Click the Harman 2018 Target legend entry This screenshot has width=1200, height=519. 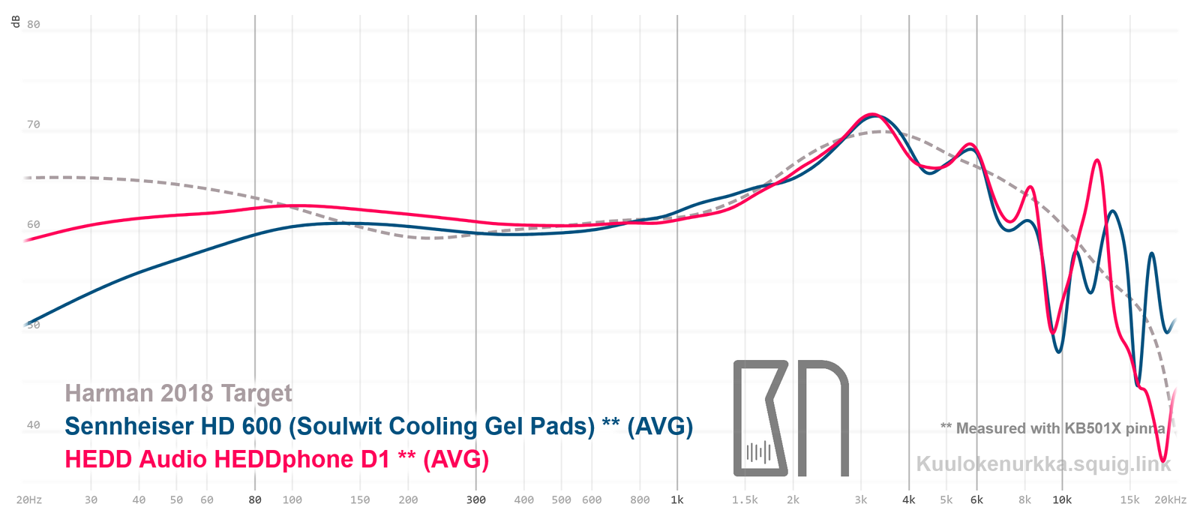click(x=178, y=393)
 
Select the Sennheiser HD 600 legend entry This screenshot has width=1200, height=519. click(x=379, y=426)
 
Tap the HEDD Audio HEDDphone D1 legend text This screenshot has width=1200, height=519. click(x=277, y=459)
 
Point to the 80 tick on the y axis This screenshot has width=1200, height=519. click(x=33, y=24)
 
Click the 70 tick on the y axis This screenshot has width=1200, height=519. click(x=33, y=124)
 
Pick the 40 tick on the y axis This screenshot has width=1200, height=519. click(x=33, y=425)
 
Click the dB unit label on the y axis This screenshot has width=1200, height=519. click(x=16, y=22)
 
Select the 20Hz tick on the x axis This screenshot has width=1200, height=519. click(x=28, y=500)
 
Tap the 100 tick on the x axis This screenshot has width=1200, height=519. click(x=292, y=500)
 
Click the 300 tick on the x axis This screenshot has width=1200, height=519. click(x=475, y=500)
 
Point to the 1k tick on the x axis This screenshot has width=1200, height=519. click(x=677, y=500)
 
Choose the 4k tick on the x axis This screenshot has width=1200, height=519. click(x=909, y=500)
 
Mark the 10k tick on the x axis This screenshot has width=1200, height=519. click(x=1062, y=500)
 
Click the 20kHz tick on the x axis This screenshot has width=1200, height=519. click(x=1170, y=500)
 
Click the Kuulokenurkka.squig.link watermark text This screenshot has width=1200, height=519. click(x=1043, y=464)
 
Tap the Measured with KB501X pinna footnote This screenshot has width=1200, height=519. click(x=1053, y=428)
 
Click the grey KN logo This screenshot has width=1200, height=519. click(x=790, y=418)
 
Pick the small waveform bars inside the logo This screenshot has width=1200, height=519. click(x=758, y=452)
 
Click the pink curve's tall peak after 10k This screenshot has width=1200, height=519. click(x=1097, y=160)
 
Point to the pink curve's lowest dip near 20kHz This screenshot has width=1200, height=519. click(x=1162, y=460)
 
